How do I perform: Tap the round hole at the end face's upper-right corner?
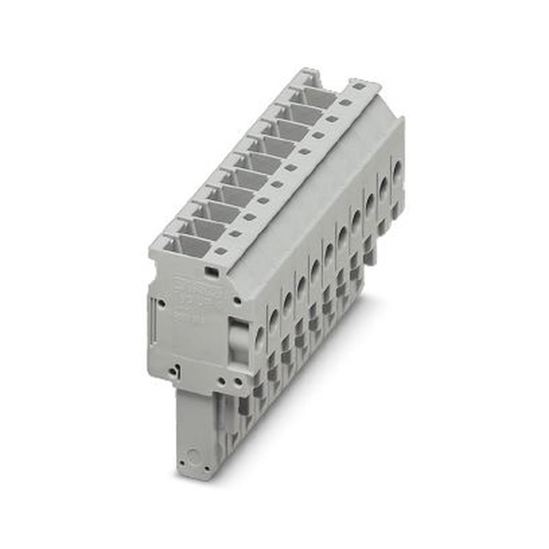(x=237, y=300)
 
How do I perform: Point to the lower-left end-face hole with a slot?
(x=174, y=371)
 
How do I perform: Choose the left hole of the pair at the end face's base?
(x=221, y=379)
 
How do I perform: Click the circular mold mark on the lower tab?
(x=191, y=455)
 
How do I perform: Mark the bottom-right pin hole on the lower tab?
(x=206, y=468)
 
